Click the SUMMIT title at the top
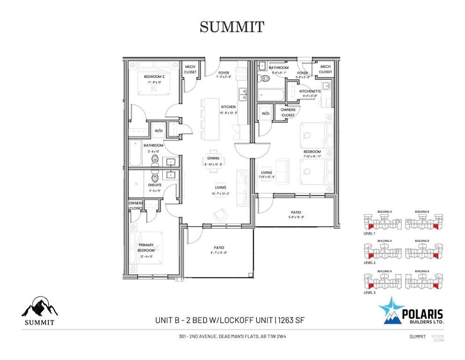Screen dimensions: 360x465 [232, 27]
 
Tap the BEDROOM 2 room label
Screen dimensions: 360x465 [154, 76]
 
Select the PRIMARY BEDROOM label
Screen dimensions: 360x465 [146, 247]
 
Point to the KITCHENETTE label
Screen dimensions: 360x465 [310, 91]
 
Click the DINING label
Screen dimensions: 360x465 [213, 158]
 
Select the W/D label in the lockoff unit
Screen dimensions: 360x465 [266, 113]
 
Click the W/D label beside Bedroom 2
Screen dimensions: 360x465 [158, 131]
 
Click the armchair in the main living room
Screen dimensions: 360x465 [219, 215]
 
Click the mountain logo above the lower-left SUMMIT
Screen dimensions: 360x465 [39, 307]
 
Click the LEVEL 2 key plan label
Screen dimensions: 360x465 [369, 263]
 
